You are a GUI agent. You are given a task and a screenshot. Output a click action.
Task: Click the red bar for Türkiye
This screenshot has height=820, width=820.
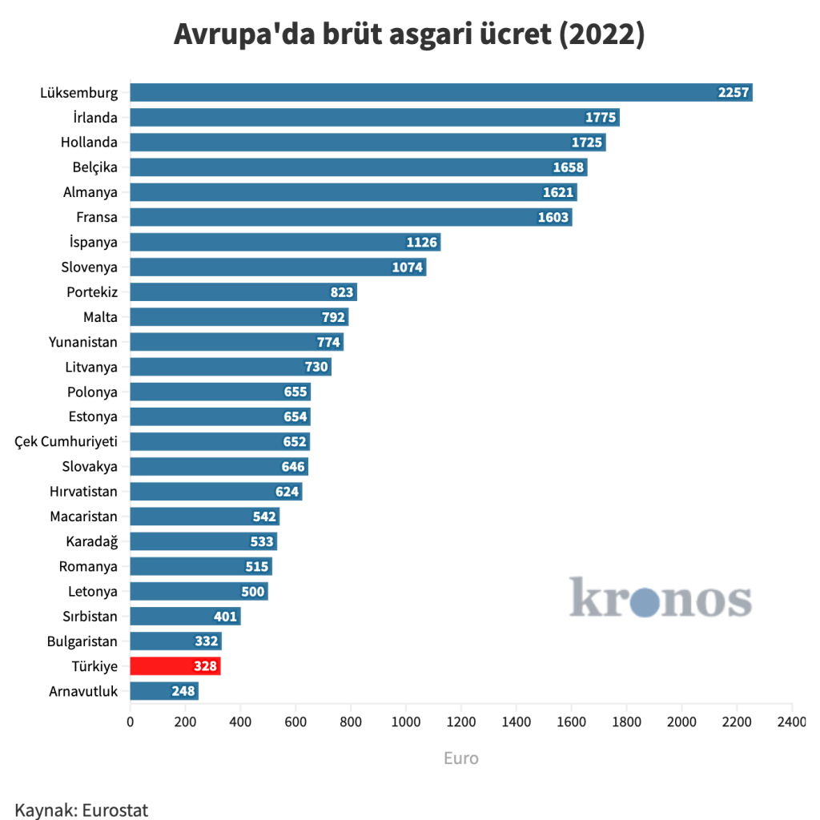(x=175, y=666)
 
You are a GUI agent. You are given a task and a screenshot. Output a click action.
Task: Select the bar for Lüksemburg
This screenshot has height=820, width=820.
(x=440, y=92)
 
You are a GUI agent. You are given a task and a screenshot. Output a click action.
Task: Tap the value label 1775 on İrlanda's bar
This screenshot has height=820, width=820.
(x=600, y=118)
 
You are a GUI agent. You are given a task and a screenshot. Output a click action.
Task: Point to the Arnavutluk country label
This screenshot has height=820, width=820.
(x=83, y=691)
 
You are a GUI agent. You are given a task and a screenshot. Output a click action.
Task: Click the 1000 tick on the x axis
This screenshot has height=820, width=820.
(x=406, y=722)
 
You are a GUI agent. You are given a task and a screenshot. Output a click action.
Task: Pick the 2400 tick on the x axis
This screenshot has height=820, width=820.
(x=791, y=722)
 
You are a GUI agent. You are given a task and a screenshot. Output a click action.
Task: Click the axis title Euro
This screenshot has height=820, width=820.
(x=461, y=758)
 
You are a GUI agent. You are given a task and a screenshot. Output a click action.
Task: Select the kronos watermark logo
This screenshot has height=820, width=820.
(x=661, y=599)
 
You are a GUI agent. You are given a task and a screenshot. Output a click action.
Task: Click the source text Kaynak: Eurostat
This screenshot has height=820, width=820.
(x=82, y=809)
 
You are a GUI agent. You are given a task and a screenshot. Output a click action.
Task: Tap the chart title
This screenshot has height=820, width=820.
(x=409, y=35)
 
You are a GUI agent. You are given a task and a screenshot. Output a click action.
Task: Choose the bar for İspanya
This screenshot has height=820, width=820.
(x=285, y=242)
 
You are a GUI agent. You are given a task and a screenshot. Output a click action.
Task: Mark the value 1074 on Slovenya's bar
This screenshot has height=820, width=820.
(x=408, y=267)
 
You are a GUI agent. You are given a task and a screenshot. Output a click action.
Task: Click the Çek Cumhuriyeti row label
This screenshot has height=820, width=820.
(x=66, y=442)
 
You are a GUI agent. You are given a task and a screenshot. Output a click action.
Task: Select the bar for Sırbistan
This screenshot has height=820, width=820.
(x=185, y=616)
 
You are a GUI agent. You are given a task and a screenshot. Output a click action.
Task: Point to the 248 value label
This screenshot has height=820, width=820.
(x=183, y=691)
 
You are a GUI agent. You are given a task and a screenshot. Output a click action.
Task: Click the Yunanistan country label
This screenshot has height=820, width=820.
(x=83, y=342)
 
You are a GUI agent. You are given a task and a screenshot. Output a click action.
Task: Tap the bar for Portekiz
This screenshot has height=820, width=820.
(x=243, y=292)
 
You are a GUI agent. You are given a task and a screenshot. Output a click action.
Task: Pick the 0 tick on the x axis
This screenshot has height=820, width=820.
(x=131, y=722)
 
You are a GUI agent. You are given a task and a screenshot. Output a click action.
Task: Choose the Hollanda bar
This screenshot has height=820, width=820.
(x=368, y=143)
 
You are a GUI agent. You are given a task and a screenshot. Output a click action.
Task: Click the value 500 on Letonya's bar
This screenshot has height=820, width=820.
(x=253, y=592)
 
